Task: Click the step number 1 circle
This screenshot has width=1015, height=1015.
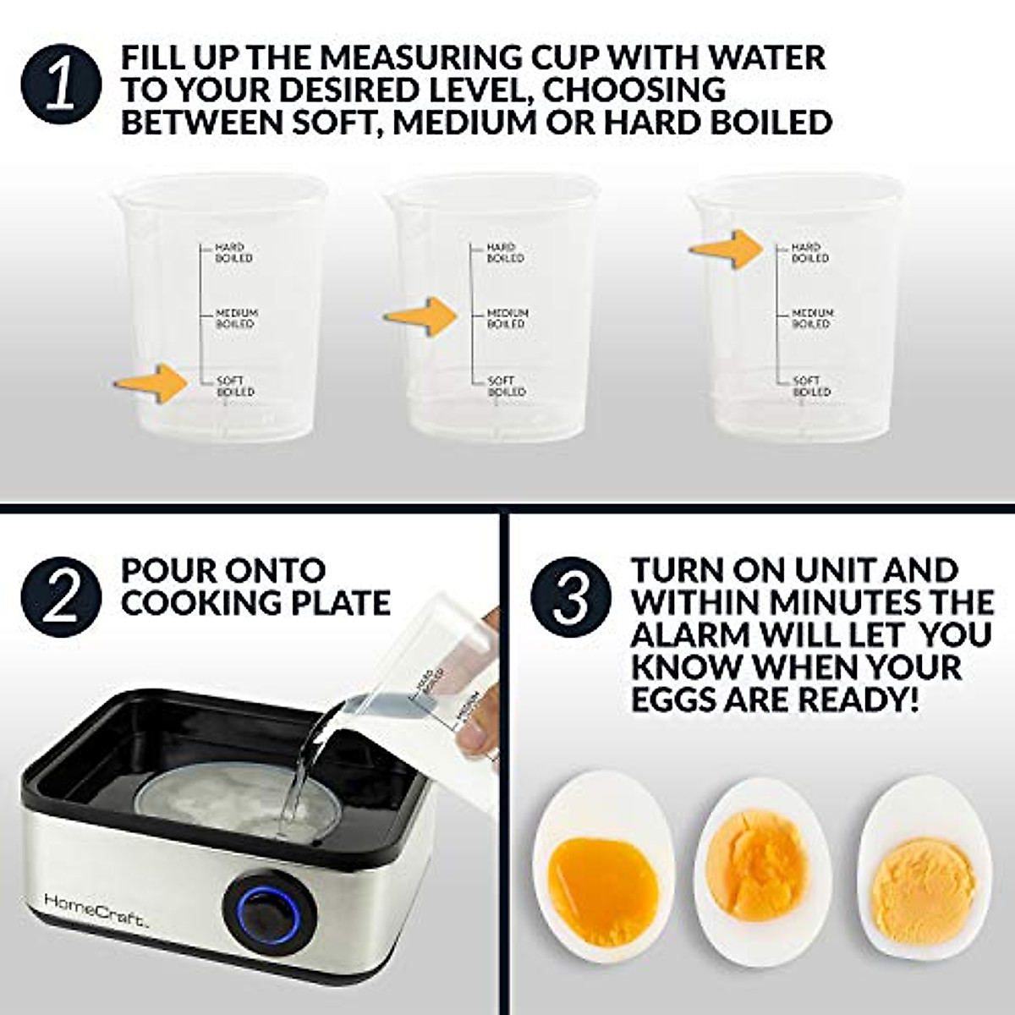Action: point(61,85)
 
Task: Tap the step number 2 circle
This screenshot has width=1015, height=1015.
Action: point(61,597)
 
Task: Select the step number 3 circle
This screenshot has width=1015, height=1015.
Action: point(572,597)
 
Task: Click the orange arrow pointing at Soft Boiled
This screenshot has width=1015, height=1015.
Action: point(153,384)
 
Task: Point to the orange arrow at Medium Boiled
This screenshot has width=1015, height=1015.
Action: point(422,316)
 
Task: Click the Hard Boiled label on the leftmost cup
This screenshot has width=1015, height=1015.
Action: point(233,252)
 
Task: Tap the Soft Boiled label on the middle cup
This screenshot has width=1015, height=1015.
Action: point(506,387)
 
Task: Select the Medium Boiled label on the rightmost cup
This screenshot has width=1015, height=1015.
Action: point(812,319)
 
